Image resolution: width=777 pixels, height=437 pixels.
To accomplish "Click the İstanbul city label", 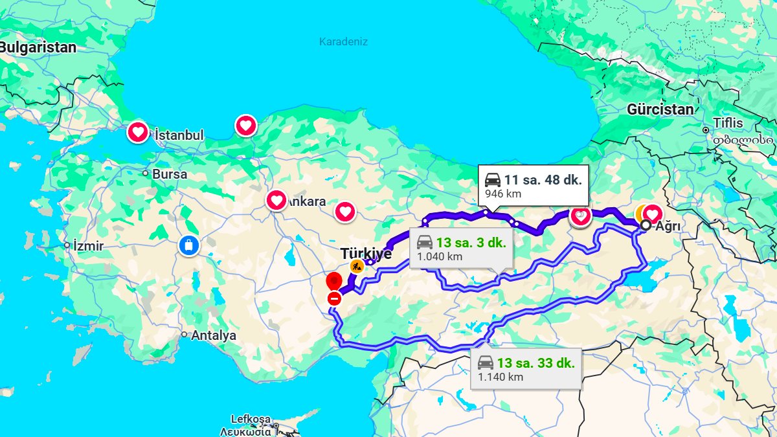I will tap(179, 135).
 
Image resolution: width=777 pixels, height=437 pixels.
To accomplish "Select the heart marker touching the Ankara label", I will tap(276, 200).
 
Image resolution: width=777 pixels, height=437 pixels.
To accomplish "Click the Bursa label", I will tap(170, 174).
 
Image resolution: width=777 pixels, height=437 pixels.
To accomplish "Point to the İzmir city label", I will tap(88, 246).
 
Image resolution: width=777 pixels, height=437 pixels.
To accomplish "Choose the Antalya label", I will tap(213, 335).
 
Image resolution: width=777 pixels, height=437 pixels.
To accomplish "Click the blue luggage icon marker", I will tap(188, 246).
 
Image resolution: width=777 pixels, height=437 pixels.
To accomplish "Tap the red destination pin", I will tap(333, 282).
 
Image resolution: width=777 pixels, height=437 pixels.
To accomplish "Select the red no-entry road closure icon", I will tap(335, 298).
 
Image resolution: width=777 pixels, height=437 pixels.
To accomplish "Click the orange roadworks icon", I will tap(356, 265).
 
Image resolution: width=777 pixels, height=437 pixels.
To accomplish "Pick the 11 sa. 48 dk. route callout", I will tap(533, 185).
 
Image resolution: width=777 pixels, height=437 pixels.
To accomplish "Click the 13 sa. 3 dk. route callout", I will tap(461, 248).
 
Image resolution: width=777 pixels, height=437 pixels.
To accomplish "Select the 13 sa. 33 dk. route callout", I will tap(525, 369).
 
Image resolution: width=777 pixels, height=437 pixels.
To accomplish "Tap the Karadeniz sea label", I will tap(343, 42).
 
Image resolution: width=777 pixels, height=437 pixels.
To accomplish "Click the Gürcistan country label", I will tap(660, 109).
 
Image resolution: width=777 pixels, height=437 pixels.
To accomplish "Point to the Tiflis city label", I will tap(728, 123).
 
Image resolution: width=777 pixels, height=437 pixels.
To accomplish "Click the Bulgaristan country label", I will tap(38, 47).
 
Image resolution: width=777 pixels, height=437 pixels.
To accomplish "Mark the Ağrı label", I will tap(668, 227).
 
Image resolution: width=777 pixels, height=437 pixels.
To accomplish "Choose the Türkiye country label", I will tap(366, 254).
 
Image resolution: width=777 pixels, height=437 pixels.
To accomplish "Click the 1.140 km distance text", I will tap(501, 377).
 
